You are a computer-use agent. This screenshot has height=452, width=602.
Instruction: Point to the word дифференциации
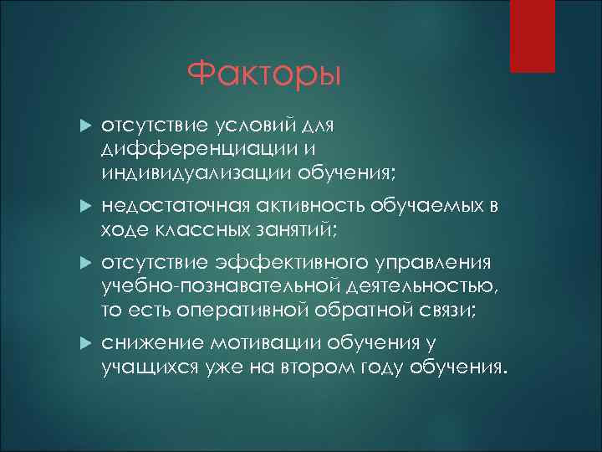(176, 148)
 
